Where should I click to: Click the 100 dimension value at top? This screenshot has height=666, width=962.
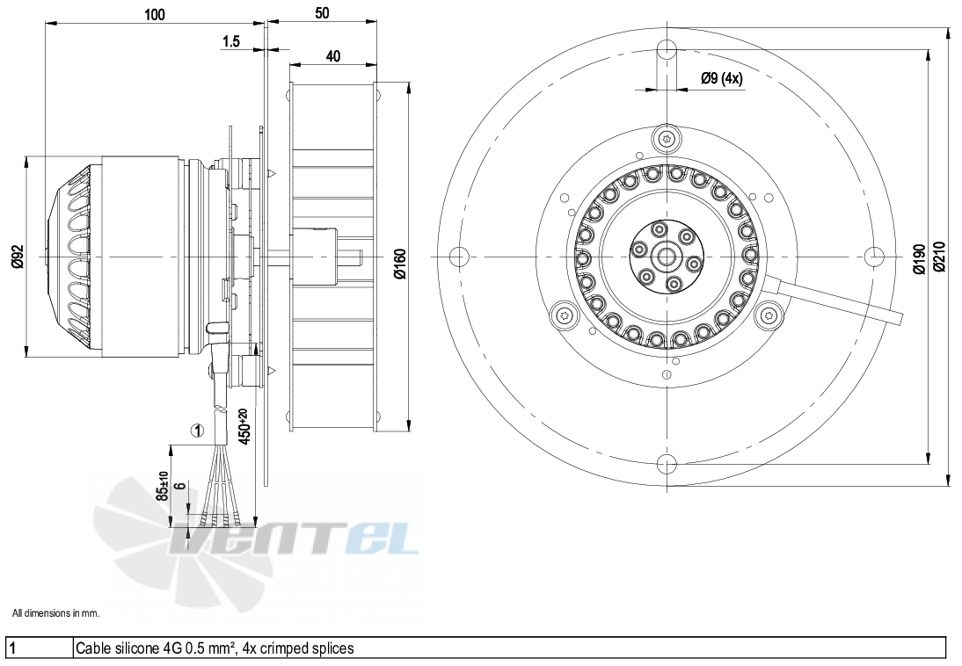155,14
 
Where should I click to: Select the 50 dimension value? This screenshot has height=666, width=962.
322,13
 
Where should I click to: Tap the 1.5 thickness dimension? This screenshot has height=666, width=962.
230,41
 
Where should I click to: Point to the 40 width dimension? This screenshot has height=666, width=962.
332,56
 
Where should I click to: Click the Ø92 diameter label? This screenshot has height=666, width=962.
18,256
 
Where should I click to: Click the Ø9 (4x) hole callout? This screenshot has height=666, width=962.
721,78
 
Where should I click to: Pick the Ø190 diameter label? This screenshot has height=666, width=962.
918,259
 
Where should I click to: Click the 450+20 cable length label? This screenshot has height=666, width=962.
244,427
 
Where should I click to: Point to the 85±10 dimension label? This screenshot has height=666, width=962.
162,486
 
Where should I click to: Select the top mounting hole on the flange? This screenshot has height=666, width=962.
667,49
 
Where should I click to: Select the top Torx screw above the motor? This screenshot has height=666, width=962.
667,138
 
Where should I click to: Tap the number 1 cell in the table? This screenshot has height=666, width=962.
11,648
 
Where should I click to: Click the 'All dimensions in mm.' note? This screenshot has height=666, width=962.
55,612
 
